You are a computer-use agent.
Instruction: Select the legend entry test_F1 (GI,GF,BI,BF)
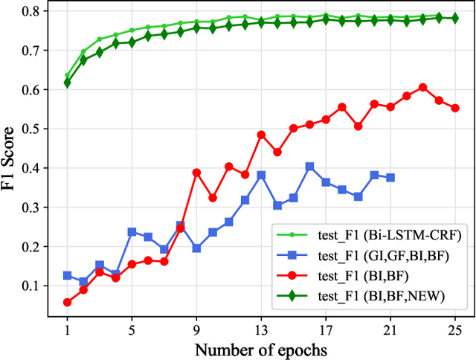click(387, 255)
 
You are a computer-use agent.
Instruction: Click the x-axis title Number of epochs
click(261, 349)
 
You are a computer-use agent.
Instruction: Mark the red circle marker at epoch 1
click(68, 302)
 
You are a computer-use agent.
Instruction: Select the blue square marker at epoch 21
click(390, 178)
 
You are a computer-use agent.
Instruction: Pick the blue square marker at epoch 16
click(309, 167)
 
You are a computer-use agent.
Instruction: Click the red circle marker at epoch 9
click(196, 172)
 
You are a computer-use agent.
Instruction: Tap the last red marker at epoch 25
click(455, 108)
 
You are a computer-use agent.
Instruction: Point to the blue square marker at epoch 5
click(132, 232)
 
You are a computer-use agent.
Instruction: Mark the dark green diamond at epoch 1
click(68, 83)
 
